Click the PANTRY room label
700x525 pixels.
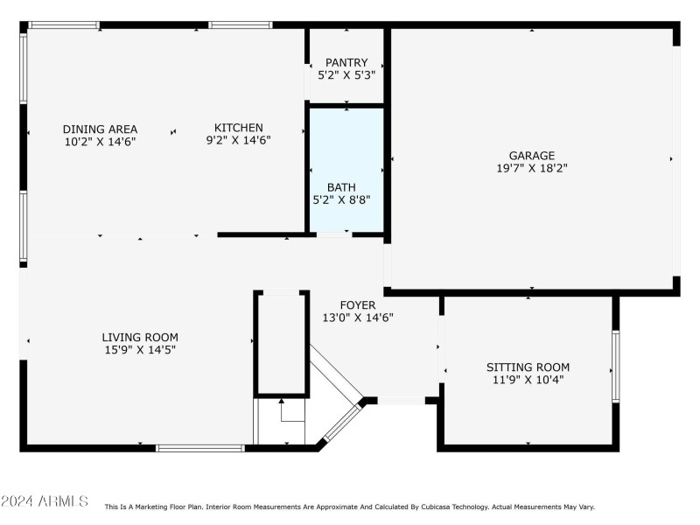tap(346, 62)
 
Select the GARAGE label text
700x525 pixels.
tap(532, 156)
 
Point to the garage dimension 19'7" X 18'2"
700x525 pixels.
tap(532, 169)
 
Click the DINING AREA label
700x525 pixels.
tap(100, 129)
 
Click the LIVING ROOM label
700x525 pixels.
tap(140, 337)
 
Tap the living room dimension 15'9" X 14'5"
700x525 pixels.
tap(140, 349)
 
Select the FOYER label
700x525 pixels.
tap(357, 305)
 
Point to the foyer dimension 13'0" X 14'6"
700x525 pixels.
tap(357, 318)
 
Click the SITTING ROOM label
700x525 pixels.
tap(528, 367)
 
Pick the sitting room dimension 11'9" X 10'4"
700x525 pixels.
tap(528, 380)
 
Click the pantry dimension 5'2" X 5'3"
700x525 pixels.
tap(346, 75)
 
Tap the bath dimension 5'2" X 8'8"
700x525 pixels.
tap(341, 199)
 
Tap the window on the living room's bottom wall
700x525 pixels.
tap(199, 448)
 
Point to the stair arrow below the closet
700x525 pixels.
tap(281, 403)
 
